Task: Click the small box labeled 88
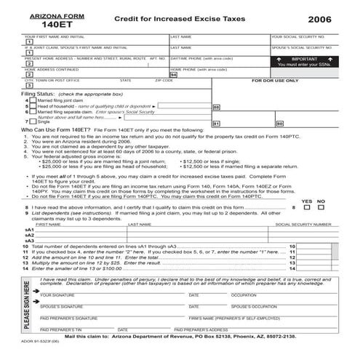[216, 107]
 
